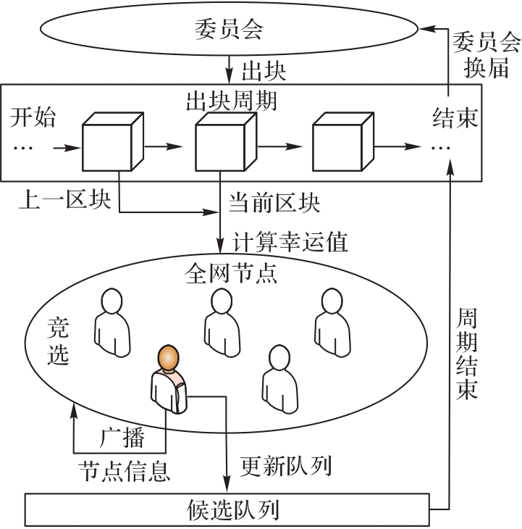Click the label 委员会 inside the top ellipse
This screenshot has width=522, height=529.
coord(229,29)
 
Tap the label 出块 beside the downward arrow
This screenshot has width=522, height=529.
coord(264,71)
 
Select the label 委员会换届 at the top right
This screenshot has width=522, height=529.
coord(486,54)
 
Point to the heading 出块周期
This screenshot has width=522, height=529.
coord(232,101)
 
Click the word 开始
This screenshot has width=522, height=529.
coord(33,117)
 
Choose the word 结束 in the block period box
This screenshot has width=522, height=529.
coord(455,117)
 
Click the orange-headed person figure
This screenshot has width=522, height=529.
coord(169,379)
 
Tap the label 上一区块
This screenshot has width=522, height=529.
coord(64,199)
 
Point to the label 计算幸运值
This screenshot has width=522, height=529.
coord(290,241)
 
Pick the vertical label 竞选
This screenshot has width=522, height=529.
coord(58,341)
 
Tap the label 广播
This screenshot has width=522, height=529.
coord(122,437)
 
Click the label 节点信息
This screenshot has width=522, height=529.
coord(125,471)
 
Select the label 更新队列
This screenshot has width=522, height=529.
coord(286,465)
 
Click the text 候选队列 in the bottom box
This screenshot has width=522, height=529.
coord(233,509)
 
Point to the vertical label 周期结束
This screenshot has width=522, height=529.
coord(467,354)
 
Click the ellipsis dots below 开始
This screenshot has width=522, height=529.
coord(23,148)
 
